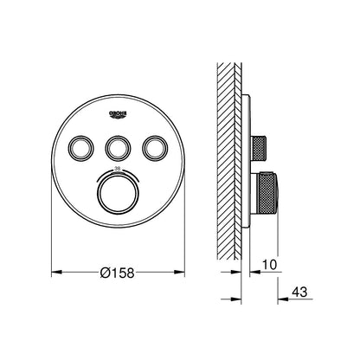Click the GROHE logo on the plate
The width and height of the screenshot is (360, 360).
[119, 113]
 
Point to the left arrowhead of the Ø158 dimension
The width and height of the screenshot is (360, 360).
[55, 272]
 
